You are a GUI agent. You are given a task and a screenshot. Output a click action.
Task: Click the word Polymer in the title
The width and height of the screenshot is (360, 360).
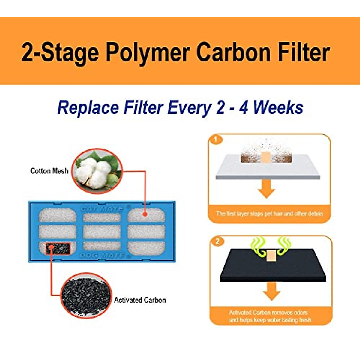coord(148,52)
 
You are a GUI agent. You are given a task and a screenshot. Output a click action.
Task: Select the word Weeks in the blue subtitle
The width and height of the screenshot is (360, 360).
coord(278,108)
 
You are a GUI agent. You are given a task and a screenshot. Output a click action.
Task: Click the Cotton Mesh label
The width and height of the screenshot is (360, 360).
coord(49,171)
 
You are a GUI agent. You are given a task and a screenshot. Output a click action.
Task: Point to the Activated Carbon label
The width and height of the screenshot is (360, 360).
coord(140,300)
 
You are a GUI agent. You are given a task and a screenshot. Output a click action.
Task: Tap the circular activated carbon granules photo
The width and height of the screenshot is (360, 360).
coord(86,296)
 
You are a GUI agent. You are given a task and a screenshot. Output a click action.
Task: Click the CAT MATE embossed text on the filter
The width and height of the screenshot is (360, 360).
coord(102,208)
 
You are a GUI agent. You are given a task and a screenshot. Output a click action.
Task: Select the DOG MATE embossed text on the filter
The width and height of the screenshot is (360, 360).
coord(102,256)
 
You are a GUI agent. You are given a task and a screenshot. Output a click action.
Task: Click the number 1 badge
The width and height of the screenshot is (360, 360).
coord(216,139)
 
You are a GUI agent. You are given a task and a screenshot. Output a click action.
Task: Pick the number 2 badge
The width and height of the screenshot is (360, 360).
coord(218,241)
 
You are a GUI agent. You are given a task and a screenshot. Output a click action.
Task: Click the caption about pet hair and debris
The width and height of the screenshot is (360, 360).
coord(269,214)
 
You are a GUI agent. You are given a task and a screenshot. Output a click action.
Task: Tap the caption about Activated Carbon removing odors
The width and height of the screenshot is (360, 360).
coord(270,316)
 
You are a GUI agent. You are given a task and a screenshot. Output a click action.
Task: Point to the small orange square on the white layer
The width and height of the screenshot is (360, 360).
coord(266,156)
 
